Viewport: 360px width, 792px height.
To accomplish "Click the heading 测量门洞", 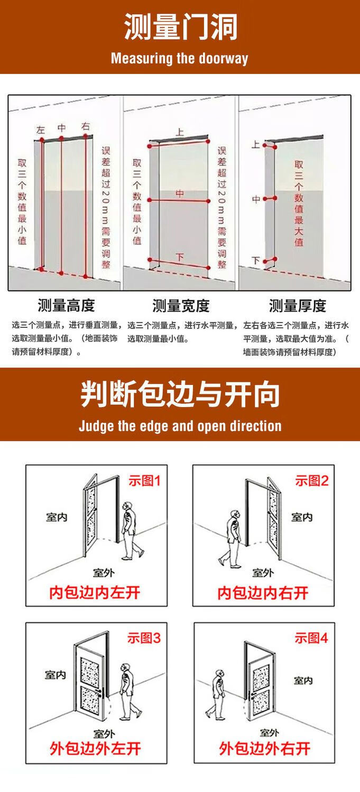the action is click(180, 27).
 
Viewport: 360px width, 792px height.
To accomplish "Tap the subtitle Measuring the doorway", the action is click(180, 58).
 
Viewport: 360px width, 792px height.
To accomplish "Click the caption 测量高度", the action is click(66, 306).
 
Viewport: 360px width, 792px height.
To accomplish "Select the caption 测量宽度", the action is click(181, 306).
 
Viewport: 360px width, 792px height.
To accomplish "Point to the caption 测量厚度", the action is click(297, 306).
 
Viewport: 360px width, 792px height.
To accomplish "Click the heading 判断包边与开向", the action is click(180, 394).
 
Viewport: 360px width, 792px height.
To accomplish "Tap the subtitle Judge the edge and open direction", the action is click(180, 426).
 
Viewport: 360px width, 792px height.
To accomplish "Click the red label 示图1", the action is click(144, 481).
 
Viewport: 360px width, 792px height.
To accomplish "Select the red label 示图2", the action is click(312, 481).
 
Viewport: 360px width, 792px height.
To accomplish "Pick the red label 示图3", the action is click(144, 638).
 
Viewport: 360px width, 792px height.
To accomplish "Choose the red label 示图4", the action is click(311, 638).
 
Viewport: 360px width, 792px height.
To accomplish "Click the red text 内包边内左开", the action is click(95, 593).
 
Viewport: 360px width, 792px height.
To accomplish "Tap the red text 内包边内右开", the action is click(263, 593).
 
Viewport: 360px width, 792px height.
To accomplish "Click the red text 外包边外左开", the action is click(95, 749).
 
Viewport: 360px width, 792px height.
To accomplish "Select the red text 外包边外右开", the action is click(264, 749).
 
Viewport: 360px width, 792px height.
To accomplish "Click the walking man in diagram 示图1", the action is click(131, 531).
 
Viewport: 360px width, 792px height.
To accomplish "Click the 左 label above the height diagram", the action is click(41, 130).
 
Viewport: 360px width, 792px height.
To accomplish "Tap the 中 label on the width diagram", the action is click(180, 194).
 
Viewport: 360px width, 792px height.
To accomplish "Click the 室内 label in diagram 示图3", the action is click(56, 675).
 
